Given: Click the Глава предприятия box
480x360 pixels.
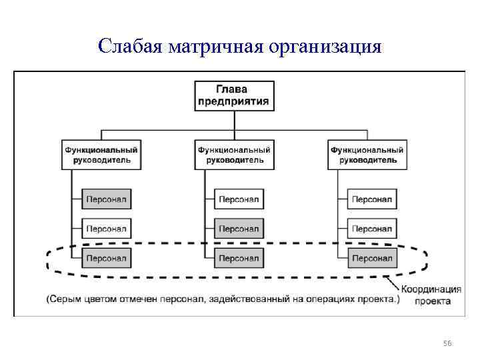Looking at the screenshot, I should click(233, 95).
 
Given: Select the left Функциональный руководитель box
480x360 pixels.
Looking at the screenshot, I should click(105, 155).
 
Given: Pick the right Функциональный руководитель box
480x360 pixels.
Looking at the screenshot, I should click(367, 155).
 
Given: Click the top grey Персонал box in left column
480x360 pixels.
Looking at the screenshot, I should click(106, 199).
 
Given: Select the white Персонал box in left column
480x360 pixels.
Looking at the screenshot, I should click(106, 229).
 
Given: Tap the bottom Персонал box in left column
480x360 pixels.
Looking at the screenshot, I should click(106, 258).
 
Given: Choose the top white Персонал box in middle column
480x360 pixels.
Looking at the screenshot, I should click(239, 199).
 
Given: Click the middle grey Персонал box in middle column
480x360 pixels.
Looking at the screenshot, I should click(239, 229).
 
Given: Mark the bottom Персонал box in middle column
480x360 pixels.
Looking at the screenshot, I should click(239, 258).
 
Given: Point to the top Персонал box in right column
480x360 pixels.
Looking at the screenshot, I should click(371, 199).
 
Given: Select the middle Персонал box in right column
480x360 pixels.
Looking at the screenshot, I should click(371, 229).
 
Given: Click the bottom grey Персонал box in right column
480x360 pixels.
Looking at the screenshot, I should click(371, 258).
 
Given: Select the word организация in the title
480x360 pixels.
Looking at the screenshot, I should click(326, 47).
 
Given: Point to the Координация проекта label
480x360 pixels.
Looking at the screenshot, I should click(431, 295).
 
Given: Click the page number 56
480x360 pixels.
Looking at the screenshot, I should click(447, 343).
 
